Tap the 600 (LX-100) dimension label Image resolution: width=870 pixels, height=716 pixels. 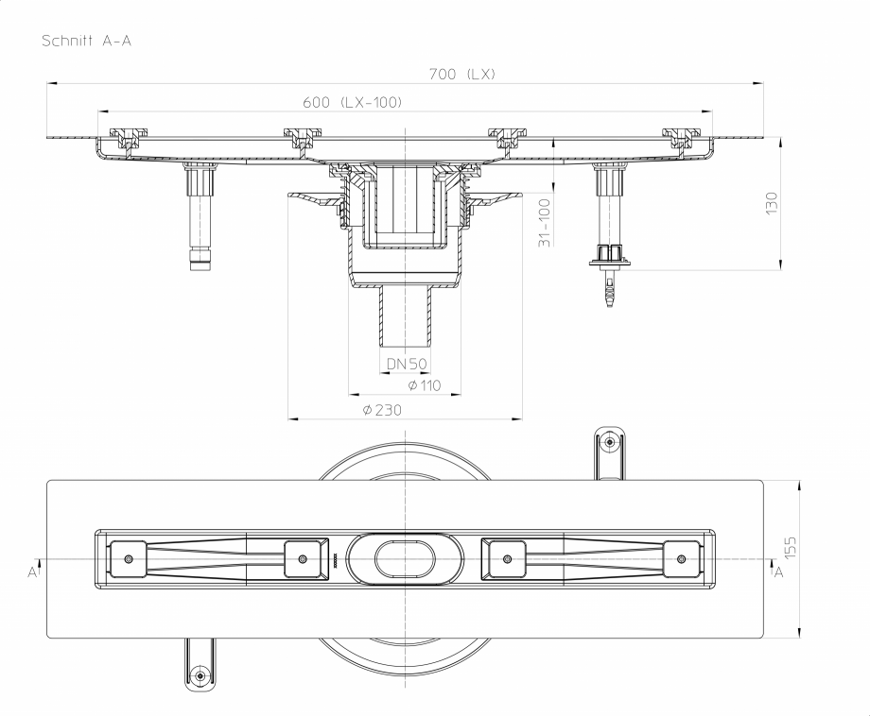click(353, 102)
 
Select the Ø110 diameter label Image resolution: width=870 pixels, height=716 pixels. click(424, 385)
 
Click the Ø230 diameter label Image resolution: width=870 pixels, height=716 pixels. click(382, 409)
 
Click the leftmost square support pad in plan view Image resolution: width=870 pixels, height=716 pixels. click(128, 558)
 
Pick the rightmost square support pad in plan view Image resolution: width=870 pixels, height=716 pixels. click(682, 558)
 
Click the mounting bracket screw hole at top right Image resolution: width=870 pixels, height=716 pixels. click(610, 442)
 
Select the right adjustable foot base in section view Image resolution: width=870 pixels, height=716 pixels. click(610, 255)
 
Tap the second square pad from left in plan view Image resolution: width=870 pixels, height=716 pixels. click(303, 558)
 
